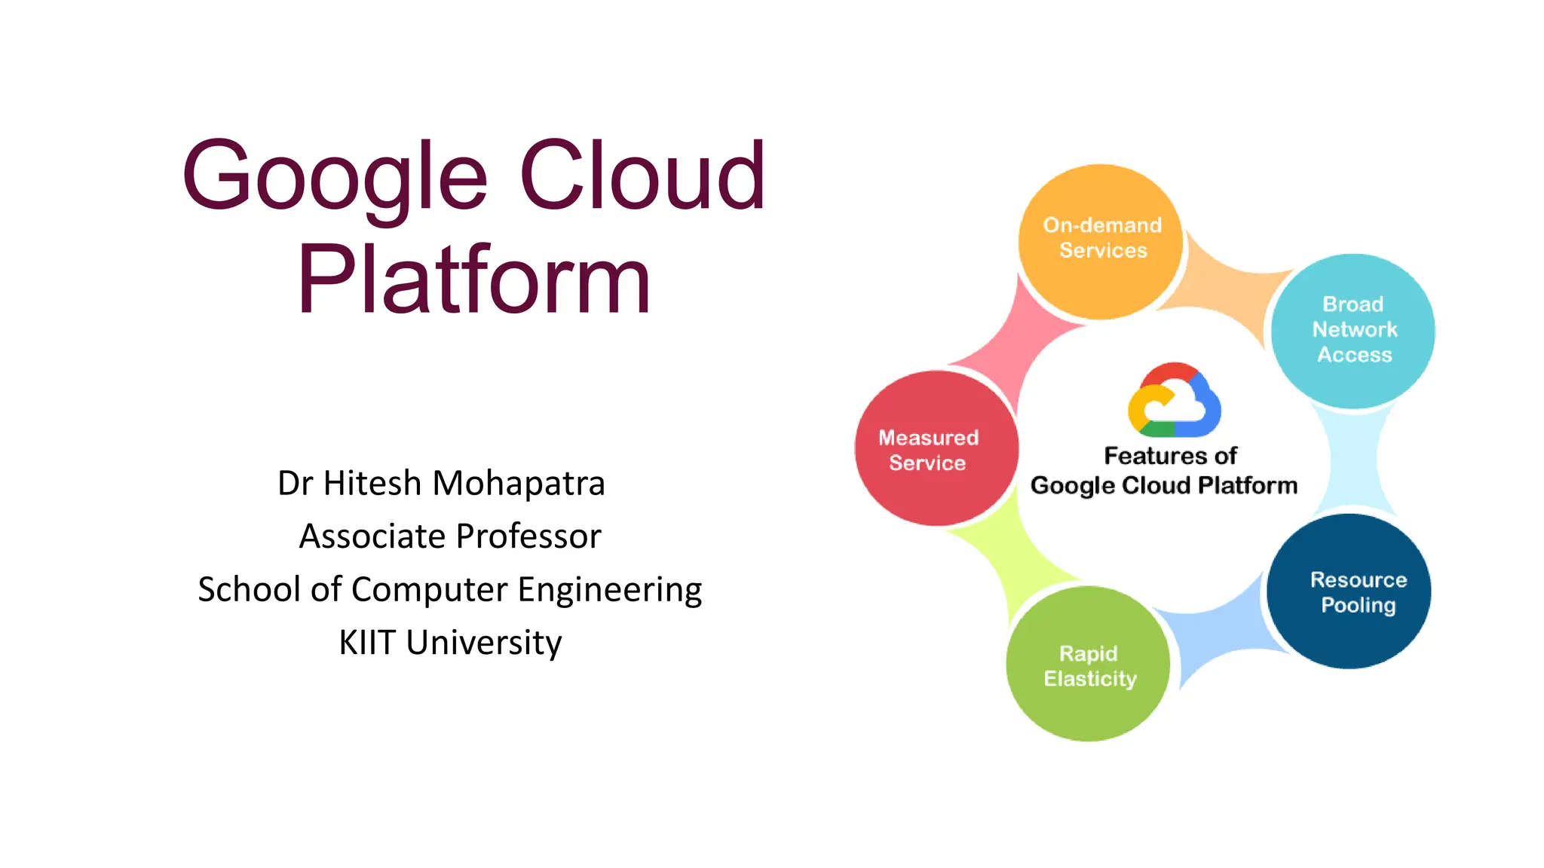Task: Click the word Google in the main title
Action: (x=335, y=177)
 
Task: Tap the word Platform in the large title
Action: (x=473, y=280)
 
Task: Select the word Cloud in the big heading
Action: (x=642, y=176)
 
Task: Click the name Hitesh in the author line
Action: (x=372, y=483)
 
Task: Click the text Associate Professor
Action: (x=450, y=536)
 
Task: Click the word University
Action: (x=483, y=643)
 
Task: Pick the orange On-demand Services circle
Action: (x=1101, y=241)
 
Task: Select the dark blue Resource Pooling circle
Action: (x=1349, y=592)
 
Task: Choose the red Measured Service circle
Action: (x=936, y=449)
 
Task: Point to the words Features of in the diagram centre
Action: (x=1170, y=456)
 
